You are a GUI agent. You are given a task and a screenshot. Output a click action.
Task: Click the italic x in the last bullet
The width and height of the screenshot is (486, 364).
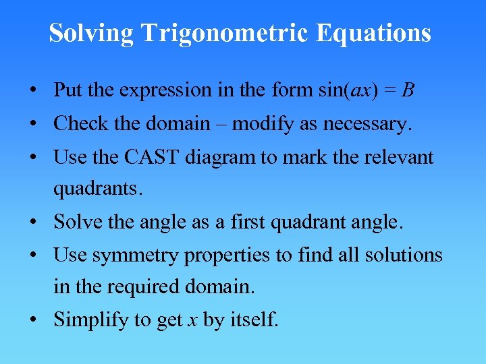[x=192, y=320]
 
